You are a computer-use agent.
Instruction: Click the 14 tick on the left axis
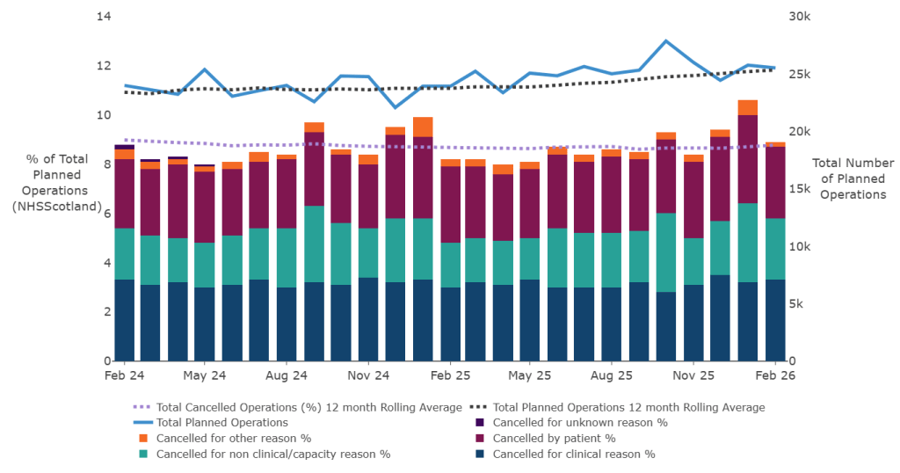tap(105, 17)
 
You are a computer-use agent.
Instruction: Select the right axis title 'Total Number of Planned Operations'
tap(853, 178)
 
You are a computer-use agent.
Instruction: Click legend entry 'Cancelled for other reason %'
tap(233, 438)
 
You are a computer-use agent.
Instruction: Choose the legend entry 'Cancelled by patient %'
tap(554, 438)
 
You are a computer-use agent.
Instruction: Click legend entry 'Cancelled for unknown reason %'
tap(579, 423)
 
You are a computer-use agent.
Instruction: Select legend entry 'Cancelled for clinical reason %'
tap(573, 454)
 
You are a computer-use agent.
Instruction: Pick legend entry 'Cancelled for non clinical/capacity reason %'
tap(272, 454)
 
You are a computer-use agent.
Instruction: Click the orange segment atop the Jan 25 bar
tap(423, 127)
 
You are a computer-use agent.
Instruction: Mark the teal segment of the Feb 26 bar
tap(774, 249)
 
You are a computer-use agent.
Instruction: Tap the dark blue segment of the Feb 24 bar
tap(125, 320)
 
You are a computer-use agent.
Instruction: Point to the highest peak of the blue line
tap(666, 40)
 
